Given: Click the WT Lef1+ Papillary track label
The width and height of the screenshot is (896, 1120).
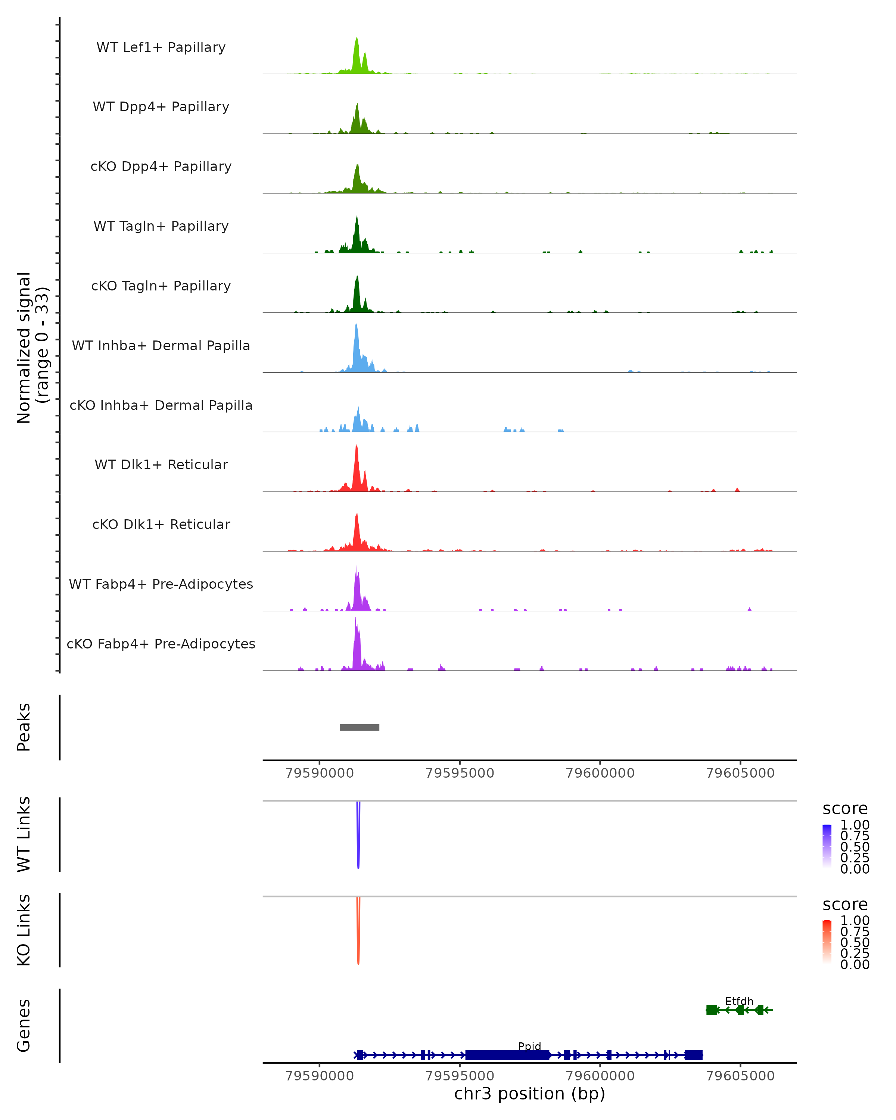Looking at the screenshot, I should [161, 47].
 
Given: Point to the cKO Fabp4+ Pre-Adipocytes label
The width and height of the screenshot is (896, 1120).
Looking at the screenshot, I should [161, 644].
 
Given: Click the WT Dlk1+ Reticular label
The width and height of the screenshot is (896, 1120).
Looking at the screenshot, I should [161, 464].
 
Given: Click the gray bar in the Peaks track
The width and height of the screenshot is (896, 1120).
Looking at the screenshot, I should [360, 727].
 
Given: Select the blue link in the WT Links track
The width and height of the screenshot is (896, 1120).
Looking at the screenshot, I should [358, 836].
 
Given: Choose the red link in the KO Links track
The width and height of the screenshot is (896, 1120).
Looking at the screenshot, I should [358, 933].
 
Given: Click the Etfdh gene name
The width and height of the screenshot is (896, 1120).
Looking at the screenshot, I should [739, 1001].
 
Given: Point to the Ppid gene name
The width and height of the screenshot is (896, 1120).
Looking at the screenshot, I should [529, 1046].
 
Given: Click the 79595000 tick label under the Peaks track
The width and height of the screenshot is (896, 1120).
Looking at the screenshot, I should [460, 773].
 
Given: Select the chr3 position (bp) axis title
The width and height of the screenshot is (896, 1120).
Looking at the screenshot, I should [529, 1094].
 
